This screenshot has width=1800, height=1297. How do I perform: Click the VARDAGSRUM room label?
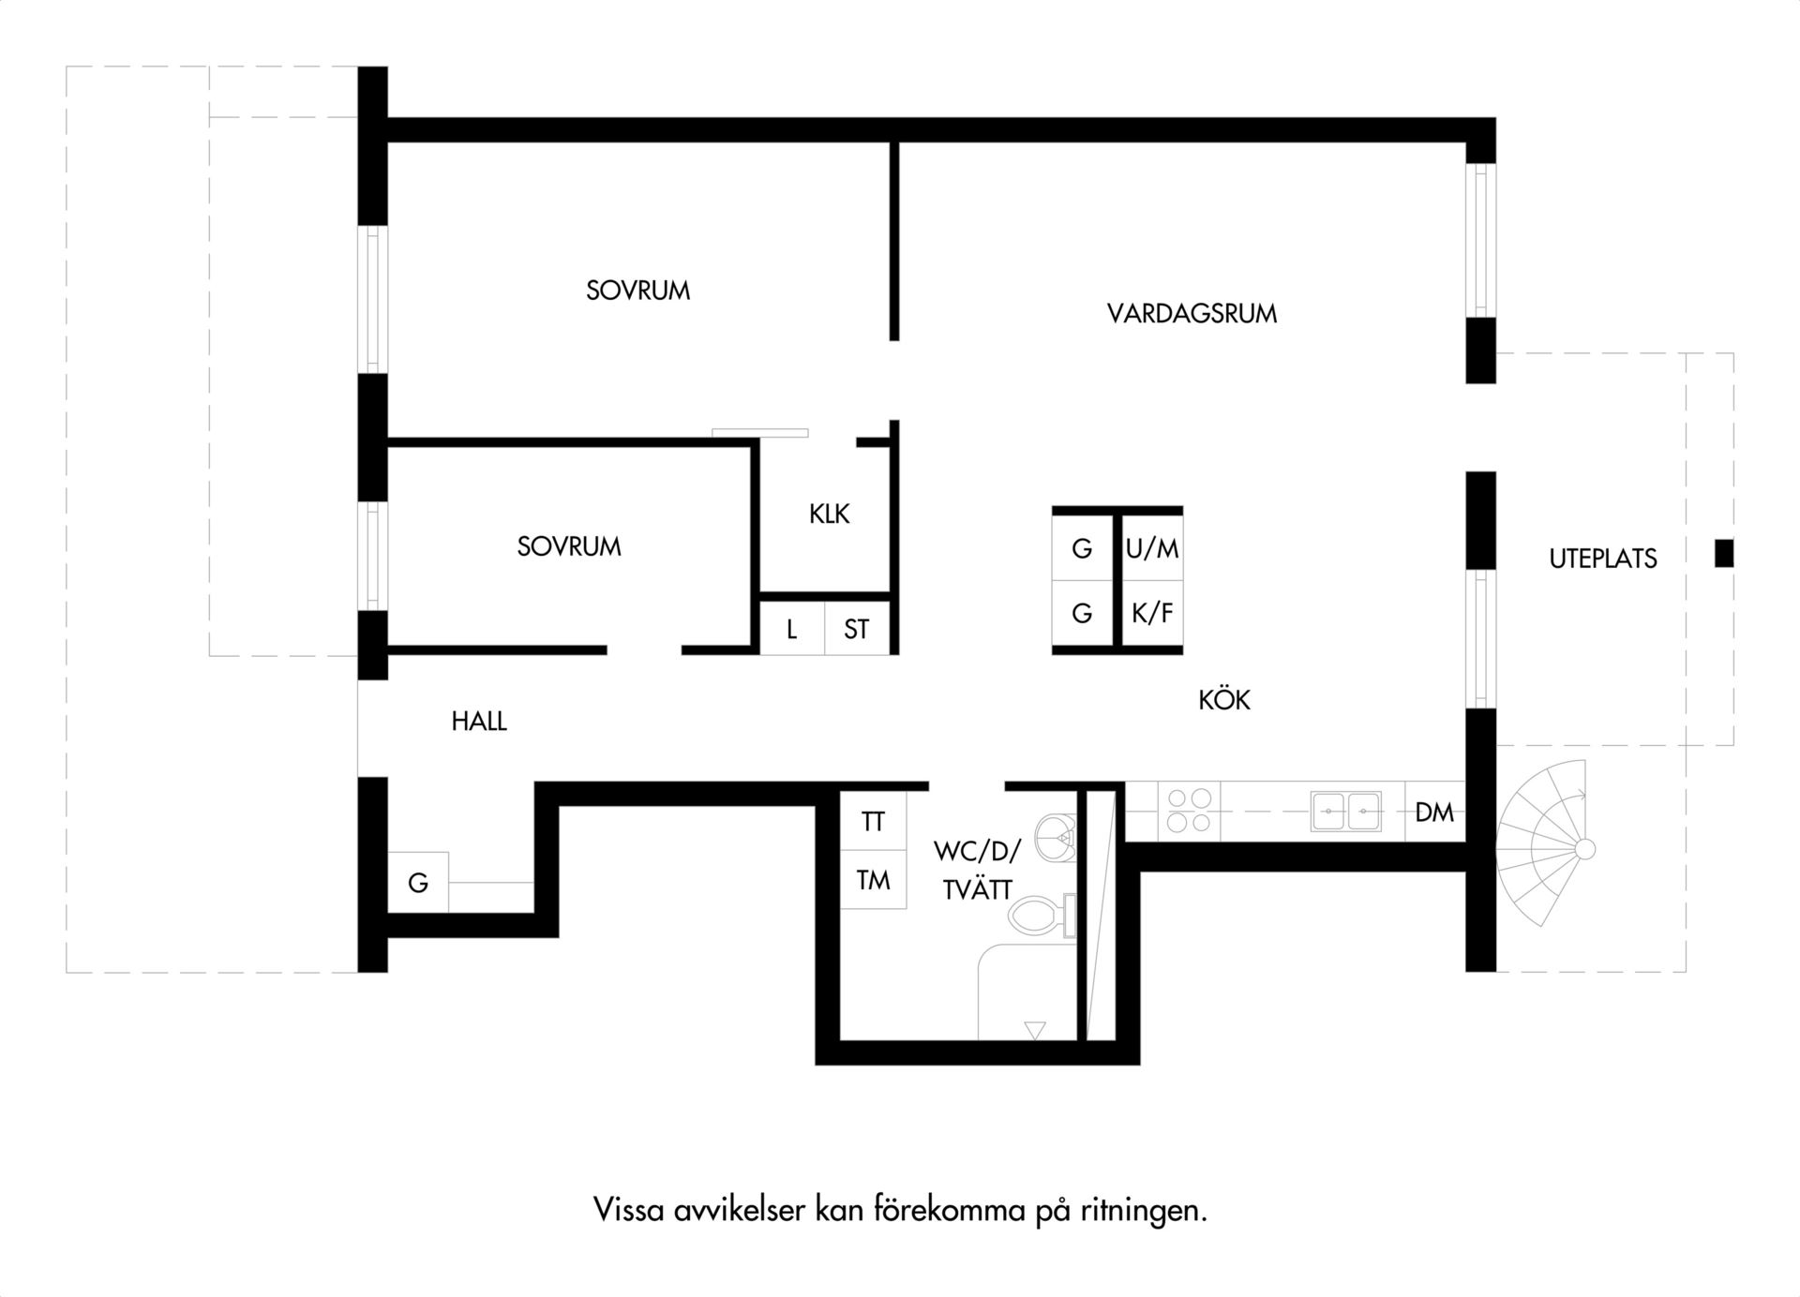[x=1192, y=313]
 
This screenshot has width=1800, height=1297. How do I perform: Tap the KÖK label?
[x=1224, y=699]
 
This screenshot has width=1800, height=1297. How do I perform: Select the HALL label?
[x=479, y=722]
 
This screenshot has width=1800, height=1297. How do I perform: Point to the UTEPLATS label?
[x=1603, y=559]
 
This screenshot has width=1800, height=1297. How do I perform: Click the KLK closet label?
[x=830, y=514]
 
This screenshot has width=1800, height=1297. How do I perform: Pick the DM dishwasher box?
[x=1434, y=812]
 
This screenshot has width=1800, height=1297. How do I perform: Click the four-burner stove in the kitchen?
[x=1189, y=812]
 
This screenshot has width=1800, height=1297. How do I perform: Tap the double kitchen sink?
[x=1345, y=812]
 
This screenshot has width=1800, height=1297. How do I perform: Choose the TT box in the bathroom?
[x=873, y=821]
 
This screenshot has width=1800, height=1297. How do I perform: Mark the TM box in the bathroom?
[x=873, y=879]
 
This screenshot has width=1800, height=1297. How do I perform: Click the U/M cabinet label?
[x=1152, y=549]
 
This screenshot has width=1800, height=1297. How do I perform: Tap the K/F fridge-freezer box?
[x=1152, y=614]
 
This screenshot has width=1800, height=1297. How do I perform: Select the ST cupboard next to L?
[x=856, y=628]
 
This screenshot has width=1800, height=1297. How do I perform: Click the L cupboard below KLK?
[x=791, y=628]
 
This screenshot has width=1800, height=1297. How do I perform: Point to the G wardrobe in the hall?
[x=418, y=882]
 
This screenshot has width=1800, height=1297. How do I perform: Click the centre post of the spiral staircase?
[x=1584, y=850]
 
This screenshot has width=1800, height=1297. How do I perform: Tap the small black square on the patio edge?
[x=1724, y=553]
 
